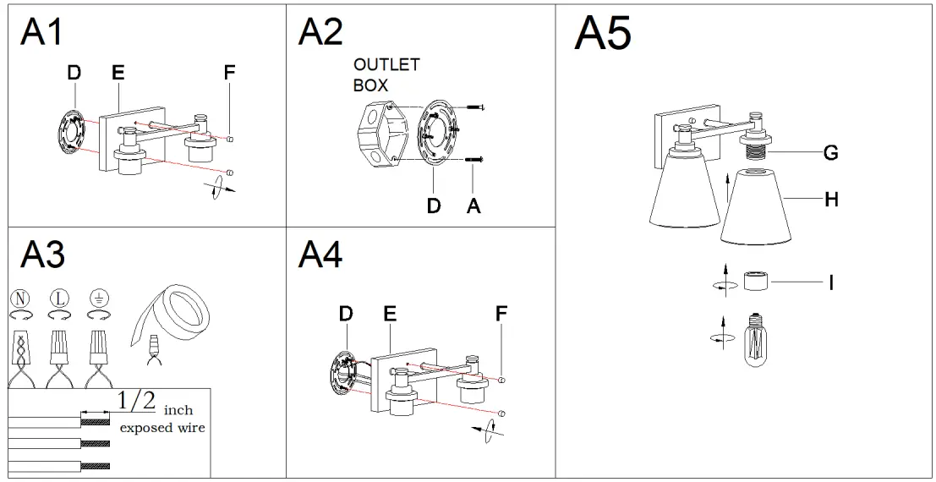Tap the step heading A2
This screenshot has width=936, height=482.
320,31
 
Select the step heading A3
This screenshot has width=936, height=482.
42,254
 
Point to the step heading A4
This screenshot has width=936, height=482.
320,254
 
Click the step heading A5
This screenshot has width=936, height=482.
603,34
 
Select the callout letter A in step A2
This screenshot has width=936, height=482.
473,205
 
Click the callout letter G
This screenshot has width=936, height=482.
830,153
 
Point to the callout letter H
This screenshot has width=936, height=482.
830,200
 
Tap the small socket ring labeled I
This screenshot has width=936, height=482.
756,280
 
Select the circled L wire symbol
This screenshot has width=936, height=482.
58,298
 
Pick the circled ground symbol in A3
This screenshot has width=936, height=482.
99,298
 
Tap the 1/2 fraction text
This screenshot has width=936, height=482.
136,401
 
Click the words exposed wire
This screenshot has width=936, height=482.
162,428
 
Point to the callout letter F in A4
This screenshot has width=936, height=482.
501,314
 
